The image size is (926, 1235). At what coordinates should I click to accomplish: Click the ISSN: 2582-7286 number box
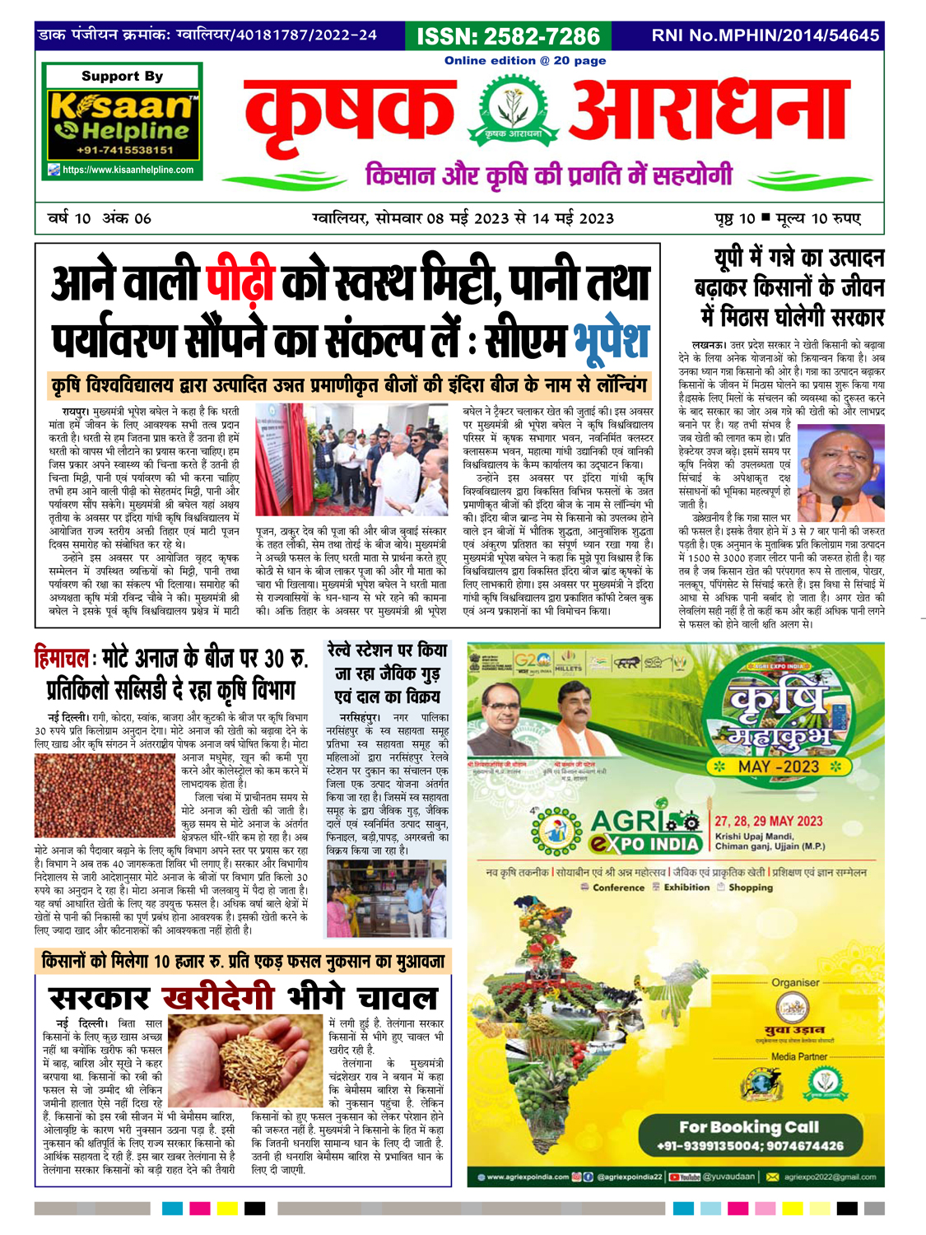(508, 36)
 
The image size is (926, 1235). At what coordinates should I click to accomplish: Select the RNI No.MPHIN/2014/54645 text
(765, 35)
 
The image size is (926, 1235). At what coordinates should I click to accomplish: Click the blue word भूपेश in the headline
(612, 341)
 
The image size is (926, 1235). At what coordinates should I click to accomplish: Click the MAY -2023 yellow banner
(779, 767)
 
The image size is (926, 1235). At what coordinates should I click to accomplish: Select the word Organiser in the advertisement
(795, 982)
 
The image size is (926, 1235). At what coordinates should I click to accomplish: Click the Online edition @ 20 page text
(525, 60)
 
